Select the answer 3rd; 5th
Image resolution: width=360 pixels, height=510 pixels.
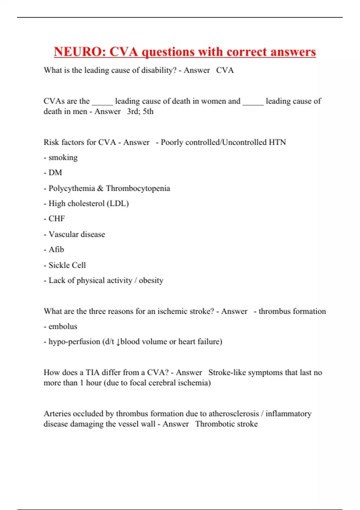click(x=140, y=111)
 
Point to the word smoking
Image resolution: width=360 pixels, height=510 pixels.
click(x=63, y=157)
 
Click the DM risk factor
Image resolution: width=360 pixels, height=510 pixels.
click(x=55, y=172)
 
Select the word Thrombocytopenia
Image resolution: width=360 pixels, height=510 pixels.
click(x=138, y=188)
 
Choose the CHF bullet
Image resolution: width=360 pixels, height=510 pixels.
click(x=57, y=219)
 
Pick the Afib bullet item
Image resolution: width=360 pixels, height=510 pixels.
click(x=56, y=250)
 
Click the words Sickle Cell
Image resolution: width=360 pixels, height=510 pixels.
click(x=67, y=265)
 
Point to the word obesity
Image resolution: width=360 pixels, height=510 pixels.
click(x=151, y=280)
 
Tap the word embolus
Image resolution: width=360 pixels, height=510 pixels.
click(x=63, y=326)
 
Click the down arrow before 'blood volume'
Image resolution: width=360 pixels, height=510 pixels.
click(x=118, y=342)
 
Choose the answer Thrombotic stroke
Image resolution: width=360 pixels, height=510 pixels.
click(x=226, y=424)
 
